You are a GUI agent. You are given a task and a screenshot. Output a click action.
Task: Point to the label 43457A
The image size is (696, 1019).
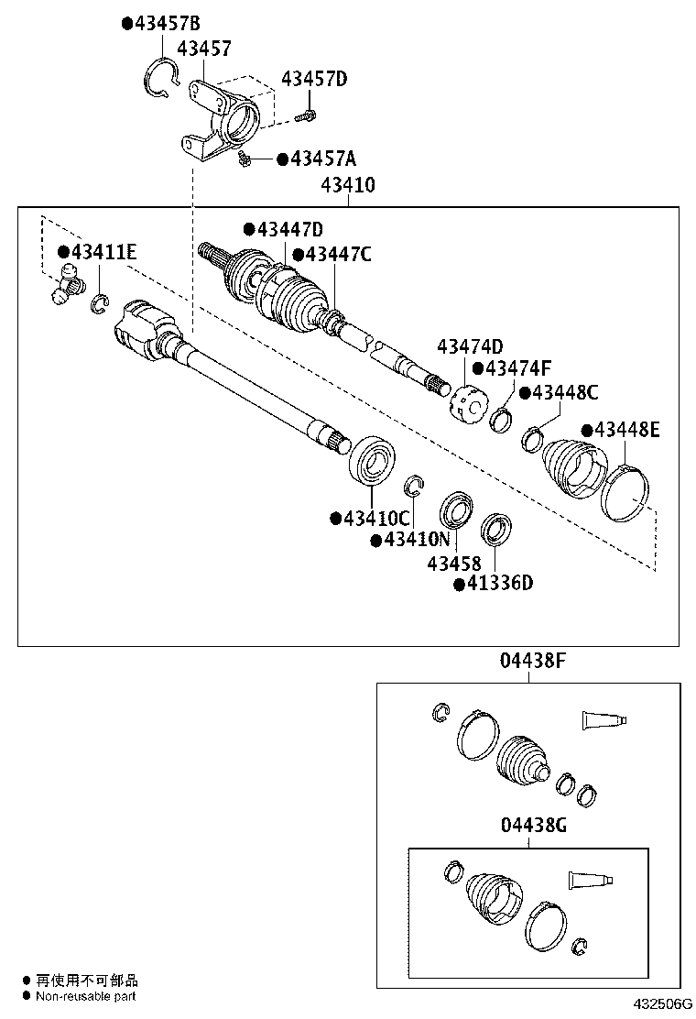point(323,159)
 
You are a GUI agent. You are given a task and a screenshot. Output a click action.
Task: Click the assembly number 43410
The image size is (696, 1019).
point(348,185)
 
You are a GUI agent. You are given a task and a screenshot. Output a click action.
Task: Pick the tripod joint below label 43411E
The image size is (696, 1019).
point(68,285)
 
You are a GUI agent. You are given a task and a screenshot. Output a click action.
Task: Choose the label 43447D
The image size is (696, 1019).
point(290,229)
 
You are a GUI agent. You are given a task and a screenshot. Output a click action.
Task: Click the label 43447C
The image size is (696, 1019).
point(338,254)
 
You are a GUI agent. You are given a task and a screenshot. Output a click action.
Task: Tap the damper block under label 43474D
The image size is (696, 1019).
point(467,404)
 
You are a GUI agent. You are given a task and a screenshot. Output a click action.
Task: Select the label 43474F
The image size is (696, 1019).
point(518,369)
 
